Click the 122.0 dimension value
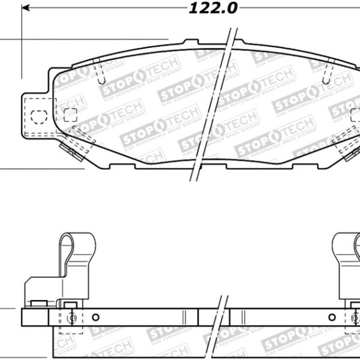(205, 8)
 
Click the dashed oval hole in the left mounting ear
(37, 115)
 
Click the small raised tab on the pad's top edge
(191, 43)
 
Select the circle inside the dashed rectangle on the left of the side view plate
(71, 318)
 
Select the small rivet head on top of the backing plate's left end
(38, 303)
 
